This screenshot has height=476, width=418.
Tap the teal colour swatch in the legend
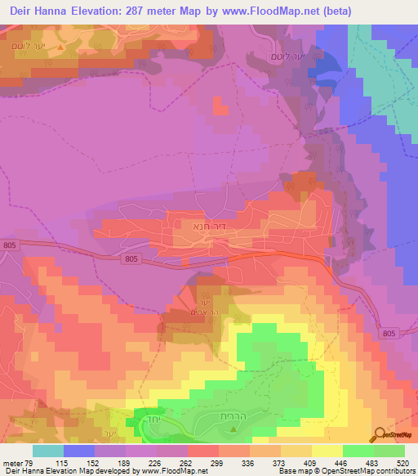click(49, 451)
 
